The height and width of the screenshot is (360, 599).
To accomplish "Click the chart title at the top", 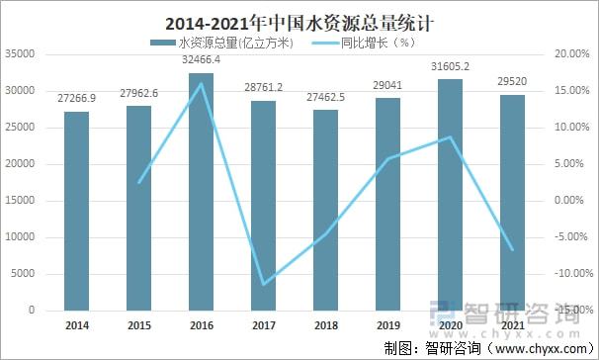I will [299, 19].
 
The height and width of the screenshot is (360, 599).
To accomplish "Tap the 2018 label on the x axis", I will [326, 324].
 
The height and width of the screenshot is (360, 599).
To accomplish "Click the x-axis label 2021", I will [513, 324].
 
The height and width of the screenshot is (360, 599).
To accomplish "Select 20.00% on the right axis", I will [573, 54].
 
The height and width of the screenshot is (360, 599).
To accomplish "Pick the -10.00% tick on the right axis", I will [573, 274].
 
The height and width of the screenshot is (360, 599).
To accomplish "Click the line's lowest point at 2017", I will [264, 284].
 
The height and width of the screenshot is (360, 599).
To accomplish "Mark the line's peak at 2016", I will [202, 83].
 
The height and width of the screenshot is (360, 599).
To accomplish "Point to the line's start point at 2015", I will [139, 182].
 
